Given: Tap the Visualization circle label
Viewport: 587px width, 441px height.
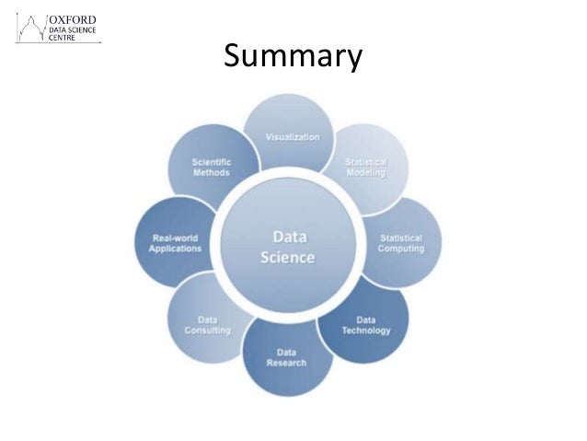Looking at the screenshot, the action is click(293, 137).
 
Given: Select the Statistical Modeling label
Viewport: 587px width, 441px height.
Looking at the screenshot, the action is click(365, 168).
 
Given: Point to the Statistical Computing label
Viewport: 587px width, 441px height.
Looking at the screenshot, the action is click(401, 243).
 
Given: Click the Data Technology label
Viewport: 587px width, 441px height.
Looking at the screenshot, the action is click(366, 325).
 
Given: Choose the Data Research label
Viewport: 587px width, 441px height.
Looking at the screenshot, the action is click(286, 357).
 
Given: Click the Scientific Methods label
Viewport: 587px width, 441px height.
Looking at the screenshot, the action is click(212, 168).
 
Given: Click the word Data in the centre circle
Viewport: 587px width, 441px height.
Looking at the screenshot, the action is click(288, 235).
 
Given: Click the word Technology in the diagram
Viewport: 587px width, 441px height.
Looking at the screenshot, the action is click(366, 330).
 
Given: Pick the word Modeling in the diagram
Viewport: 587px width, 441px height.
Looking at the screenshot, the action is click(365, 173).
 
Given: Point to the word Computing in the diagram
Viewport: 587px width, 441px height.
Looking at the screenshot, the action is click(401, 249).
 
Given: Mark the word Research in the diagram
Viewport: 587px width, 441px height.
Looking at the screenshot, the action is click(286, 363).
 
